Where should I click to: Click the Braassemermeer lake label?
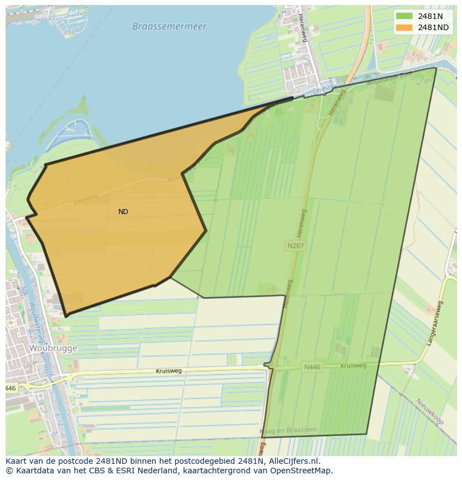coord(169,26)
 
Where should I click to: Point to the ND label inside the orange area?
coord(123,212)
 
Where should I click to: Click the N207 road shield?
coord(296,245)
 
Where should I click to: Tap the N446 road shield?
coord(312,367)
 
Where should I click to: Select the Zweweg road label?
coord(85,199)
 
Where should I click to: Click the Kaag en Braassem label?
coord(289,431)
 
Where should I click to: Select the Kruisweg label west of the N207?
coord(169,371)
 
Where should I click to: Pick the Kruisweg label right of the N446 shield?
coord(353,366)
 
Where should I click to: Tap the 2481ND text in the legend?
coord(433,27)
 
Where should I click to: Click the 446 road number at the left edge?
coord(11,387)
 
